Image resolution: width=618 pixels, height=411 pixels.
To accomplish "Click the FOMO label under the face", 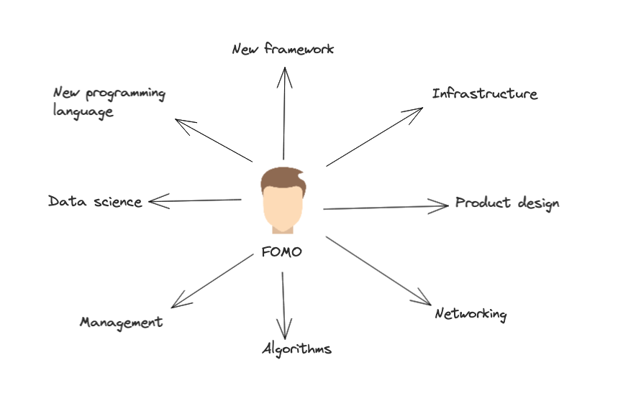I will tap(282, 252).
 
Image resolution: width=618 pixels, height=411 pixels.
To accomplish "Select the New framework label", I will tap(283, 49).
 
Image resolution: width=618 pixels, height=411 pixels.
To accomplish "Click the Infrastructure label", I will tap(484, 93).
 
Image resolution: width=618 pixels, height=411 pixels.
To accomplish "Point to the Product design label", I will tap(507, 203).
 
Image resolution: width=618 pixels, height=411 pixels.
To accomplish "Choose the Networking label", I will tap(471, 314).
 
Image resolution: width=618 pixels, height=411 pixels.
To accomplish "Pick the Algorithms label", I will tap(296, 349).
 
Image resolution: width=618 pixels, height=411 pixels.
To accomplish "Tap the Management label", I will tap(121, 322).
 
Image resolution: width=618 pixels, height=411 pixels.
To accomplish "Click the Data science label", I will tap(95, 201).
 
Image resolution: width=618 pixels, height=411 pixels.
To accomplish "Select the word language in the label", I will tap(83, 112).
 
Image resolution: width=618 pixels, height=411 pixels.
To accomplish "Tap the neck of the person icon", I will tap(282, 228).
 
